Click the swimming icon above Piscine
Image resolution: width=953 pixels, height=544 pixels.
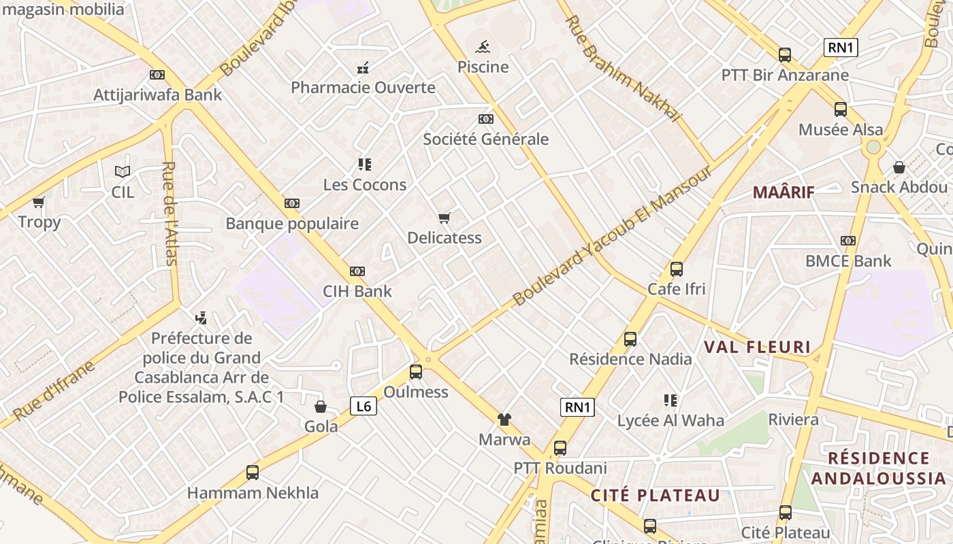coord(483,47)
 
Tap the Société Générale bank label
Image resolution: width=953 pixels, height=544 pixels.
coord(485,139)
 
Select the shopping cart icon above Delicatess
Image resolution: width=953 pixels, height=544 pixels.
coord(444,218)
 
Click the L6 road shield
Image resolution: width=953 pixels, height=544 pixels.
coord(364,407)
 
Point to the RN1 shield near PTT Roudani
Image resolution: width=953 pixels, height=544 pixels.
coord(577,407)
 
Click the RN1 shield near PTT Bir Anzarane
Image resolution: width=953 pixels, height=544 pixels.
coord(841,48)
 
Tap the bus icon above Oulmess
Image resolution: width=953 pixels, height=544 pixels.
coord(415,372)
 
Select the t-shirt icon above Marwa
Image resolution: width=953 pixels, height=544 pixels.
coord(504,419)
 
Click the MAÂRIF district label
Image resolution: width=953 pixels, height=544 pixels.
coord(784,192)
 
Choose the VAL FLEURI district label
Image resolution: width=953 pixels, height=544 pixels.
coord(757,347)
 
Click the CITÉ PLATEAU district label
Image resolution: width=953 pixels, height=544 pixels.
coord(655,495)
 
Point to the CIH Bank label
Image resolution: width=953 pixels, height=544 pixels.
coord(357,292)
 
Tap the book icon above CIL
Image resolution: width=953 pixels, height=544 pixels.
coord(123,171)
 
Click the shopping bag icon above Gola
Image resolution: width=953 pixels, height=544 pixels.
coord(321,407)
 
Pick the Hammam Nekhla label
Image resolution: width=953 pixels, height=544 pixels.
coord(253,493)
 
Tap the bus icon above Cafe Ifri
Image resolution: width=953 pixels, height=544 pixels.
coord(676,269)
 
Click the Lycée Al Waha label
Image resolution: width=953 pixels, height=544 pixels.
coord(671,421)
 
